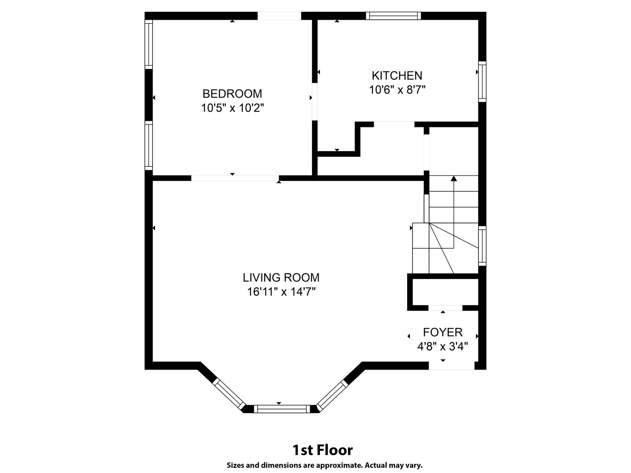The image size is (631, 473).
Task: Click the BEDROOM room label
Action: pyautogui.click(x=232, y=94)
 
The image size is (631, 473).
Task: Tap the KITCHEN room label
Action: pyautogui.click(x=397, y=75)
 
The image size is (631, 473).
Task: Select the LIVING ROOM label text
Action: pyautogui.click(x=281, y=278)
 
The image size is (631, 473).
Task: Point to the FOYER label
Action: pyautogui.click(x=443, y=332)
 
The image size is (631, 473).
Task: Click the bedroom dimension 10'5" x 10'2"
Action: pyautogui.click(x=232, y=108)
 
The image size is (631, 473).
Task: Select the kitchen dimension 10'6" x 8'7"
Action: pyautogui.click(x=397, y=90)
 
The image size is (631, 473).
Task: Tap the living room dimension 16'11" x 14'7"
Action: pyautogui.click(x=281, y=292)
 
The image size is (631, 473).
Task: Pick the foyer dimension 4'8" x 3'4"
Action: pyautogui.click(x=443, y=346)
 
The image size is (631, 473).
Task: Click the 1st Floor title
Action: pyautogui.click(x=323, y=450)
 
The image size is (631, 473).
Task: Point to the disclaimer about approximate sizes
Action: pyautogui.click(x=324, y=465)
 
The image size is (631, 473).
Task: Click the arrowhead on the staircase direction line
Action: pyautogui.click(x=454, y=178)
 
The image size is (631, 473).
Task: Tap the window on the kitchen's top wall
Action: pyautogui.click(x=393, y=16)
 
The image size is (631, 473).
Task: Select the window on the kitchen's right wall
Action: pyautogui.click(x=482, y=82)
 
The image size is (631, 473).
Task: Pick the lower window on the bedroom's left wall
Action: pyautogui.click(x=149, y=145)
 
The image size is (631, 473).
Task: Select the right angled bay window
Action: pyautogui.click(x=332, y=395)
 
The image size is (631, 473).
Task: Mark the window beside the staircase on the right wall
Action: pyautogui.click(x=482, y=246)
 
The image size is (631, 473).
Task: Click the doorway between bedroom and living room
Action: pyautogui.click(x=235, y=178)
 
